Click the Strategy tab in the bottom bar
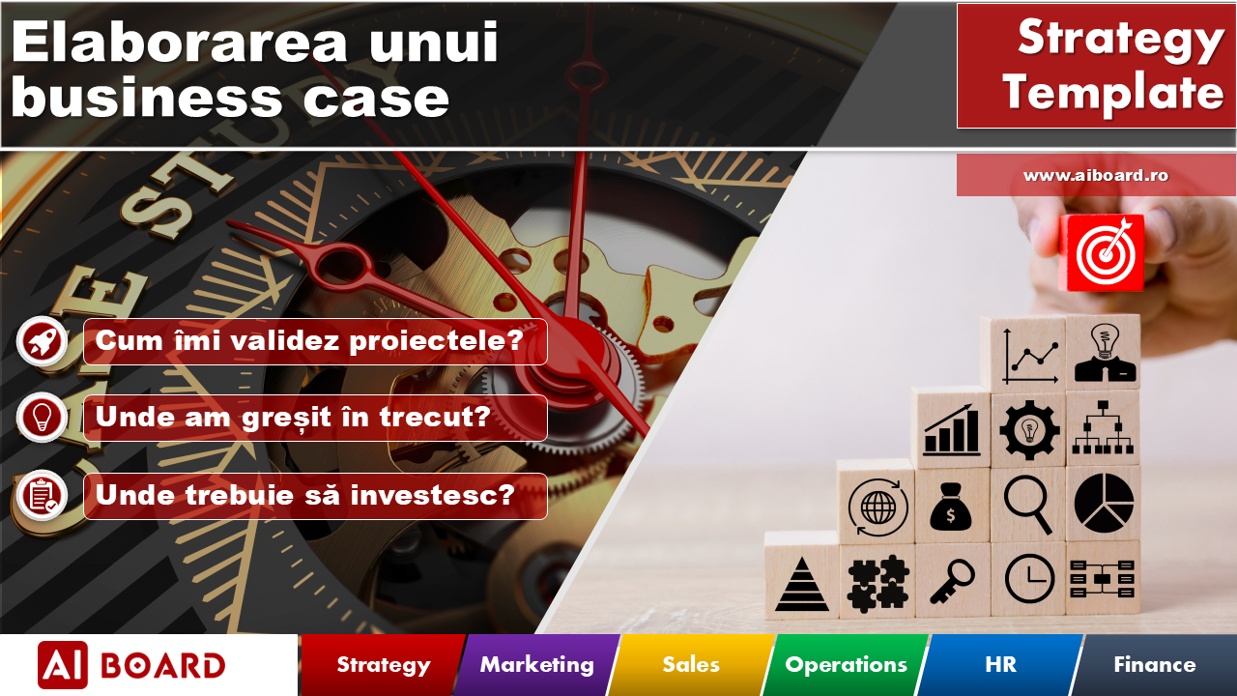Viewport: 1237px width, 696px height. point(383,665)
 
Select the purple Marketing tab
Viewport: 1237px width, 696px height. point(536,665)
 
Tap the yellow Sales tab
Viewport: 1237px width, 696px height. point(691,665)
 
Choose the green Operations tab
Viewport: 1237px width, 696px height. point(846,665)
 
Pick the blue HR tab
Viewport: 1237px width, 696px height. point(1000,665)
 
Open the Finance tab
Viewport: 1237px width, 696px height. point(1154,665)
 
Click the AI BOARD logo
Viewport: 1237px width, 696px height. point(131,665)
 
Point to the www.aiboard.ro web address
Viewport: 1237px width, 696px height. point(1096,176)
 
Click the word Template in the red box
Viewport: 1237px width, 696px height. point(1112,94)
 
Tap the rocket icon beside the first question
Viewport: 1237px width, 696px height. point(42,341)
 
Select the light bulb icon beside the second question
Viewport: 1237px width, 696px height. point(42,418)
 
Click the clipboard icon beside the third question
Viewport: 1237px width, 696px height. point(42,495)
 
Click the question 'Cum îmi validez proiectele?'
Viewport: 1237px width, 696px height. point(309,341)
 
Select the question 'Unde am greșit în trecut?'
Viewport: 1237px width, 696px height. point(293,418)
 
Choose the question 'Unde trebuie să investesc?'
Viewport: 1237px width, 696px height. point(305,495)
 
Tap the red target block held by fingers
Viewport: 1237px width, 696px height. point(1102,253)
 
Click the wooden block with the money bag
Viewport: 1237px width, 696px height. point(951,506)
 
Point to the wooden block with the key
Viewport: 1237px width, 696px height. point(951,580)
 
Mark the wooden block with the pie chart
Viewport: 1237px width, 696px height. point(1103,503)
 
